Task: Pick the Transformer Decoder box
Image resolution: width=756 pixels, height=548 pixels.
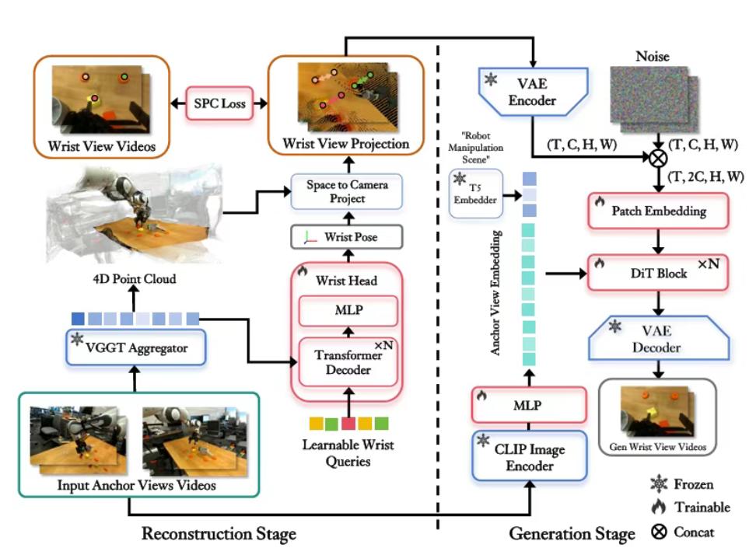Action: [343, 360]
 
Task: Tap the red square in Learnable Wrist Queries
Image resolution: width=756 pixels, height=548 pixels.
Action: [348, 424]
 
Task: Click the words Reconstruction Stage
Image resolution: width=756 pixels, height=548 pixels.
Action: [219, 533]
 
